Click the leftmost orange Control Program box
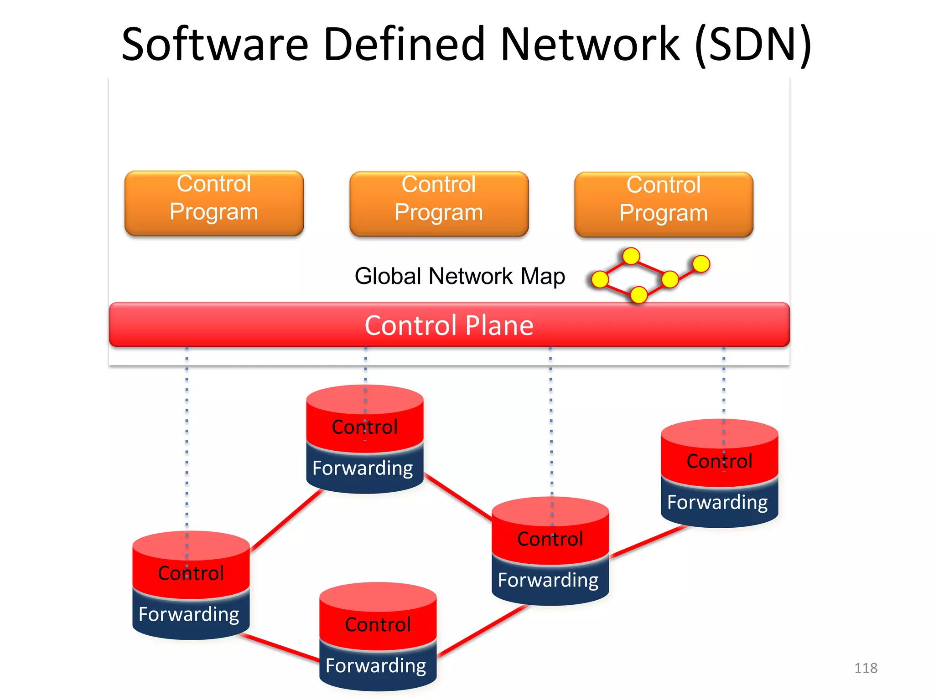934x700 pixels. pyautogui.click(x=214, y=203)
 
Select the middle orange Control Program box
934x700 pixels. pyautogui.click(x=439, y=204)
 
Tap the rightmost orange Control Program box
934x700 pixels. pyautogui.click(x=664, y=204)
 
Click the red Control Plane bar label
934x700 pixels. pyautogui.click(x=449, y=325)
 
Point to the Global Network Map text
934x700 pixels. pyautogui.click(x=460, y=276)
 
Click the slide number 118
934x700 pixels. pyautogui.click(x=865, y=668)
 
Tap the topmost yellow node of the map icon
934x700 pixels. pyautogui.click(x=631, y=256)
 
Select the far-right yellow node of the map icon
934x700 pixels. pyautogui.click(x=701, y=263)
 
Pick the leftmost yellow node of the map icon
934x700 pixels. pyautogui.click(x=600, y=279)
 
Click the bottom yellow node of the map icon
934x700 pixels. pyautogui.click(x=638, y=294)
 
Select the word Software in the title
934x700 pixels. pyautogui.click(x=215, y=44)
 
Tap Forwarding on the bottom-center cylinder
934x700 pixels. pyautogui.click(x=376, y=666)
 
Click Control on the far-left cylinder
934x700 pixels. pyautogui.click(x=191, y=573)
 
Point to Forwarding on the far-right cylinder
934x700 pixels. pyautogui.click(x=717, y=502)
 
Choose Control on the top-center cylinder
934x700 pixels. pyautogui.click(x=364, y=427)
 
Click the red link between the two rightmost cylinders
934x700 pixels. pyautogui.click(x=648, y=542)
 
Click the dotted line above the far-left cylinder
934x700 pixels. pyautogui.click(x=187, y=437)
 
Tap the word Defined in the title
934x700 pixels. pyautogui.click(x=404, y=44)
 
